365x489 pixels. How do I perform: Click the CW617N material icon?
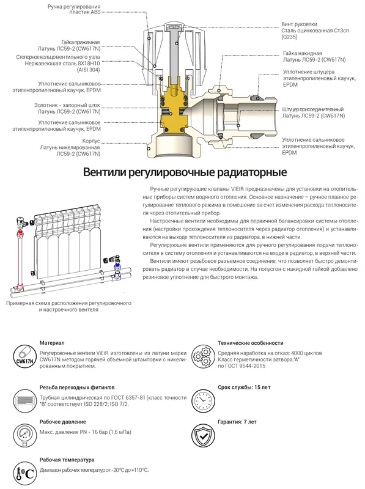pyautogui.click(x=25, y=356)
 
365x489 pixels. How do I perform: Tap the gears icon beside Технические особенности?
pyautogui.click(x=203, y=356)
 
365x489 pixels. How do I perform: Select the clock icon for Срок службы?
pyautogui.click(x=203, y=400)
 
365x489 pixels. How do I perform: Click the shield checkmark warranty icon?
pyautogui.click(x=203, y=435)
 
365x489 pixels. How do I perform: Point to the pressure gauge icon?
pyautogui.click(x=25, y=435)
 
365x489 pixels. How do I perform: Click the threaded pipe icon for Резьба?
pyautogui.click(x=25, y=400)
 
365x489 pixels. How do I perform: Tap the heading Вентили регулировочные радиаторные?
pyautogui.click(x=185, y=172)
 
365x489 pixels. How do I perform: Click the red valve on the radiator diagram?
pyautogui.click(x=20, y=233)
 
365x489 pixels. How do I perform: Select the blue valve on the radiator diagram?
pyautogui.click(x=117, y=266)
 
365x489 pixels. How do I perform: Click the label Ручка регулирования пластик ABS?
pyautogui.click(x=74, y=9)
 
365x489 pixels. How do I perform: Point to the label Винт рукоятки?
pyautogui.click(x=295, y=24)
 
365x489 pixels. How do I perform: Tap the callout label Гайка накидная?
pyautogui.click(x=302, y=53)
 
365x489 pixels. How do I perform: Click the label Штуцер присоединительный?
pyautogui.click(x=313, y=109)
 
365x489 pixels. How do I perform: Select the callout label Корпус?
pyautogui.click(x=91, y=141)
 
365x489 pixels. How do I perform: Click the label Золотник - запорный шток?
pyautogui.click(x=67, y=105)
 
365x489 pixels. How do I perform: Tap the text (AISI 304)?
pyautogui.click(x=89, y=70)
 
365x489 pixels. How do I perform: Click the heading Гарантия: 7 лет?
pyautogui.click(x=237, y=422)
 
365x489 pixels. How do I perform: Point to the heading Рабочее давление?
pyautogui.click(x=63, y=422)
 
